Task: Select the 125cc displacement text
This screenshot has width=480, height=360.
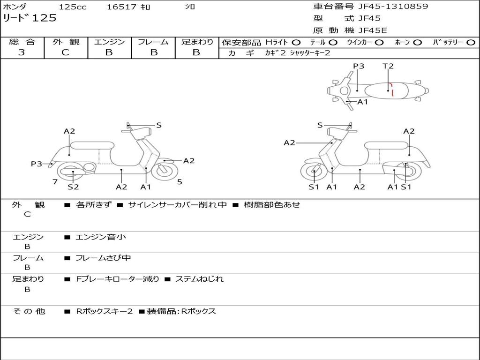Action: pos(73,7)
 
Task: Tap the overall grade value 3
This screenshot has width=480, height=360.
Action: pos(22,52)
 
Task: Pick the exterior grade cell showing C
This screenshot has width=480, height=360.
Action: pos(65,52)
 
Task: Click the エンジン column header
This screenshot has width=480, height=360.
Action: pos(109,42)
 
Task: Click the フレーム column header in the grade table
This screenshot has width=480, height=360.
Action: pos(153,42)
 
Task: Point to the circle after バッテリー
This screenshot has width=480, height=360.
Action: pos(471,42)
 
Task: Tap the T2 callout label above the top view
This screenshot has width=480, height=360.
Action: pos(388,66)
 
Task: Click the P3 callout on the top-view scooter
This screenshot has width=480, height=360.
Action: pos(359,66)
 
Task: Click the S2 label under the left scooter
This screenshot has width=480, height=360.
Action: pos(73,187)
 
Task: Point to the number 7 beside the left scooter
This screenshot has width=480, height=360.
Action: pos(55,182)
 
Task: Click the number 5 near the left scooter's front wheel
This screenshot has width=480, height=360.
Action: pos(180,182)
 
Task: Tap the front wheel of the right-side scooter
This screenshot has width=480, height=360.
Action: pos(314,172)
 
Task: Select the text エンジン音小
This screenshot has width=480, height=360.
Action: pos(101,237)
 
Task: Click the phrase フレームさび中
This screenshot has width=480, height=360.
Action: pos(103,258)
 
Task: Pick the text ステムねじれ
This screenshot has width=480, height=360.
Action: pos(199,279)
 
